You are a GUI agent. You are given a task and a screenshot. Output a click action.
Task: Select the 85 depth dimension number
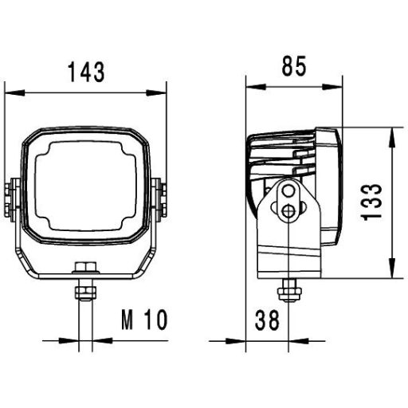pos(293,68)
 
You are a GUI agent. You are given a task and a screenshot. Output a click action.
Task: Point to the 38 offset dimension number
pos(266,320)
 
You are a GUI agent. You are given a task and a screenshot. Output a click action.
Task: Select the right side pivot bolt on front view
pos(159,198)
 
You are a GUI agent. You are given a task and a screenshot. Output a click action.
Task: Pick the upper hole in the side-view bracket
pos(288,192)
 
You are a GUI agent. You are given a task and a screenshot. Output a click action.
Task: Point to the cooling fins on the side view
pos(279,159)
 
